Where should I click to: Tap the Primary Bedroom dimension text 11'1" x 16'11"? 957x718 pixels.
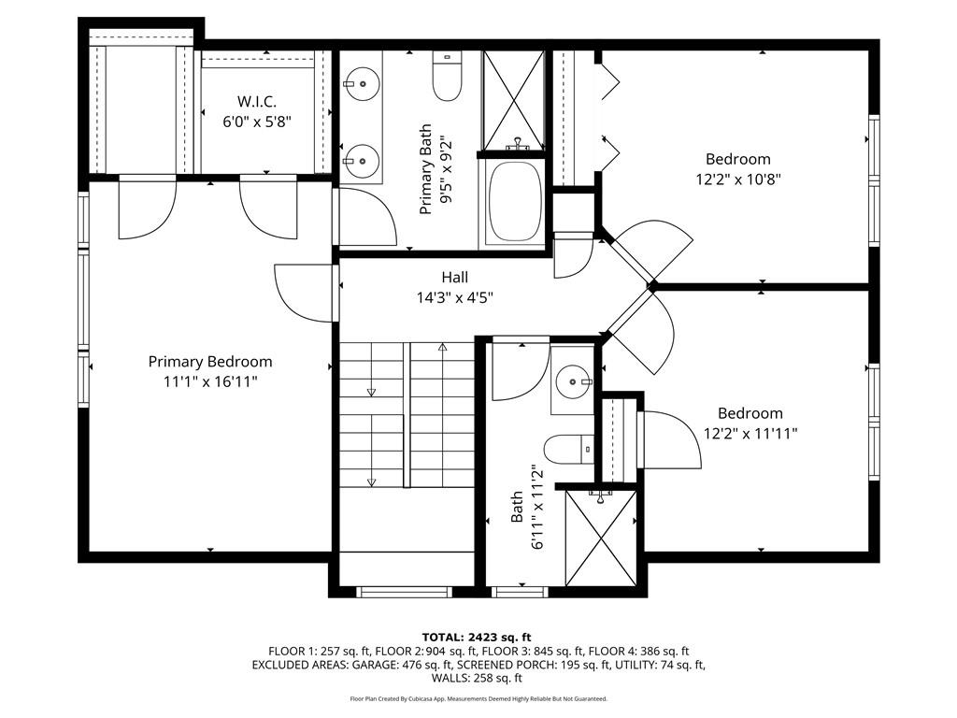(210, 381)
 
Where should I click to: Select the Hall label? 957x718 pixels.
(454, 278)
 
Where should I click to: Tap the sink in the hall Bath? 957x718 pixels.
(571, 381)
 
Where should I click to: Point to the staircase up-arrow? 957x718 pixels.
(443, 348)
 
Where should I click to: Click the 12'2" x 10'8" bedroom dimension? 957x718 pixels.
(737, 179)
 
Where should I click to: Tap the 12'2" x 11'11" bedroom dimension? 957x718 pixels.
(750, 433)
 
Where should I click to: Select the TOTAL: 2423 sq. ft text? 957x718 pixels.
(478, 638)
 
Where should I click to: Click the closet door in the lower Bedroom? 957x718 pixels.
(671, 439)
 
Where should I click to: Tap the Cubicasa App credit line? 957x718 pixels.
(478, 698)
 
